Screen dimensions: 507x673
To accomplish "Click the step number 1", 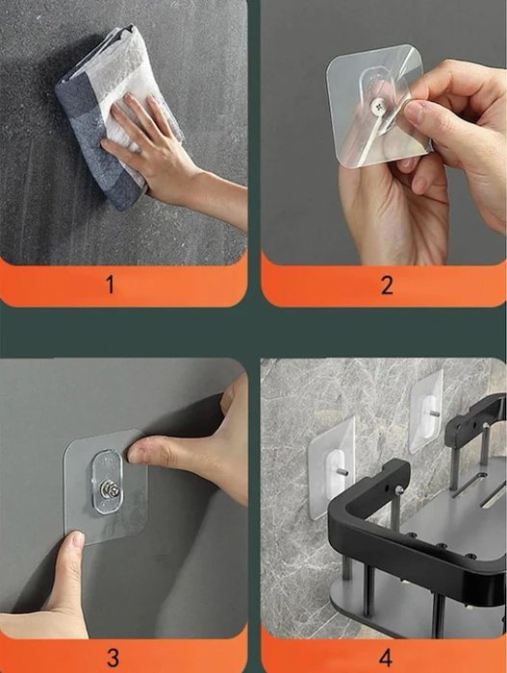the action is tap(110, 285).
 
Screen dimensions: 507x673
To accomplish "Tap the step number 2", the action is tap(387, 285).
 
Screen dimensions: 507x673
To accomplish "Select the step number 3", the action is tap(113, 657).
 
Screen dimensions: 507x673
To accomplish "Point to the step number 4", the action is tap(386, 657).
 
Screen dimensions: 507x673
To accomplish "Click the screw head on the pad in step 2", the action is tap(378, 104).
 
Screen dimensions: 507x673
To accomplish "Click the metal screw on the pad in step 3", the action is tap(107, 489).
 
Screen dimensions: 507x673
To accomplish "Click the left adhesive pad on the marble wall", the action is tap(331, 468).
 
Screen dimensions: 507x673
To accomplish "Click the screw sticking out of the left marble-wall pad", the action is tap(342, 472).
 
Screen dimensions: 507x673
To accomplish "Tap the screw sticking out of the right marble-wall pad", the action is tap(434, 413).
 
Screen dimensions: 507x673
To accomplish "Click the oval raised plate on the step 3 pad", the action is tap(107, 482).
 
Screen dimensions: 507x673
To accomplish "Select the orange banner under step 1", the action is tap(124, 284).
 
